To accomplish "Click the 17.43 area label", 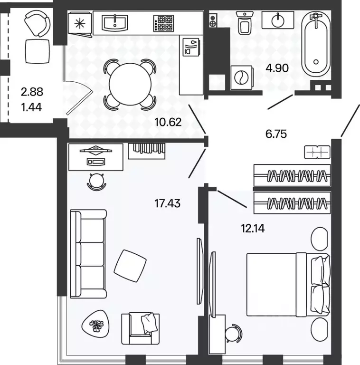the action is click(168, 203).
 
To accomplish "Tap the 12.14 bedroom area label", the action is click(253, 229).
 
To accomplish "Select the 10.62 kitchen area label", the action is click(168, 122).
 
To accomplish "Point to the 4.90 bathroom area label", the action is click(277, 68).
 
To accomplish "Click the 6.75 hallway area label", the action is click(276, 134).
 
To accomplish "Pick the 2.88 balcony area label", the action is click(32, 92).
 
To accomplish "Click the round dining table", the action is click(130, 85).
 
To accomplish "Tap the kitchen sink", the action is click(115, 23).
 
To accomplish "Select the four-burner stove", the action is click(163, 23).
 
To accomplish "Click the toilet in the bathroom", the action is click(245, 23).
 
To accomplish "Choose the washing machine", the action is click(242, 77).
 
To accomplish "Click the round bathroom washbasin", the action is click(278, 20).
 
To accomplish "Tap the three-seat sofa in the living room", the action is click(88, 254).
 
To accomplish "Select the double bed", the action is click(288, 285).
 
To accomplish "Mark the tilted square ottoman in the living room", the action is click(130, 266).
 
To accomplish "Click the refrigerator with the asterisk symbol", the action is click(80, 23).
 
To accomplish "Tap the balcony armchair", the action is click(37, 24).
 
